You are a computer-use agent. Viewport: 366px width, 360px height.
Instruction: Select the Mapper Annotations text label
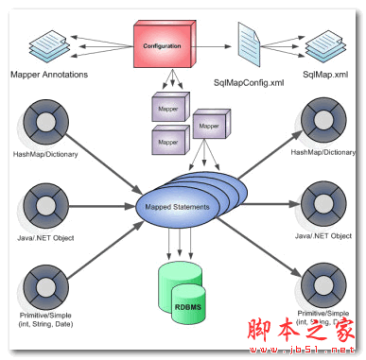pyautogui.click(x=49, y=72)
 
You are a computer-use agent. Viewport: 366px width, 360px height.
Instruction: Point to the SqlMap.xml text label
pyautogui.click(x=326, y=72)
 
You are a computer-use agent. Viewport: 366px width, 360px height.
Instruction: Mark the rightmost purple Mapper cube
pyautogui.click(x=210, y=124)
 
